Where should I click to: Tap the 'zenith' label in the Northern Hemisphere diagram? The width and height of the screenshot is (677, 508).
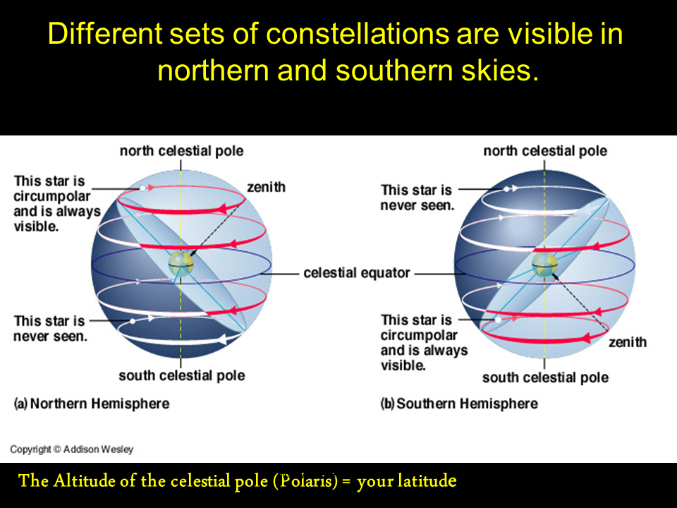[x=266, y=187]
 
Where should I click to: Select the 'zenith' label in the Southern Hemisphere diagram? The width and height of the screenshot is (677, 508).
[x=628, y=342]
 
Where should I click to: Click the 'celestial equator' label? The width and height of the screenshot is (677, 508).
[x=357, y=273]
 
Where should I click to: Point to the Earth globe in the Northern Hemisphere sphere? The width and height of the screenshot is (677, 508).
[x=181, y=264]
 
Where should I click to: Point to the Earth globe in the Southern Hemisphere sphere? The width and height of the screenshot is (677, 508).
[x=544, y=265]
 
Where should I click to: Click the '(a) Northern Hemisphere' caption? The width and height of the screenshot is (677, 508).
[x=92, y=404]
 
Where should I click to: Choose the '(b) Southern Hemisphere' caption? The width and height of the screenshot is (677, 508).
[x=459, y=404]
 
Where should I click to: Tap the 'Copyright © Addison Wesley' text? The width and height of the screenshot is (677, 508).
[x=72, y=449]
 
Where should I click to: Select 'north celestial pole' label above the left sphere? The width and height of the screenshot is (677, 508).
[x=181, y=151]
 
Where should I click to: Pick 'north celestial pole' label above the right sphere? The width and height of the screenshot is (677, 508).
[x=545, y=151]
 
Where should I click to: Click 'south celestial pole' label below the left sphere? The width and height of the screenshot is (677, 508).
[x=182, y=375]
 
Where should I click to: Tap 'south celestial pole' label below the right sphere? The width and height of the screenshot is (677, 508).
[x=545, y=377]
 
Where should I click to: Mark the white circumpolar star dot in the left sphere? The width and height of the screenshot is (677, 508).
[x=142, y=188]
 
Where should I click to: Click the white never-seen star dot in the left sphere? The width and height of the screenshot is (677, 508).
[x=133, y=322]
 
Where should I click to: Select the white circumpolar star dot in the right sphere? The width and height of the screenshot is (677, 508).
[x=498, y=320]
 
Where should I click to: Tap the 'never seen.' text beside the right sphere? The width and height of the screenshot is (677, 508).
[x=417, y=205]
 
